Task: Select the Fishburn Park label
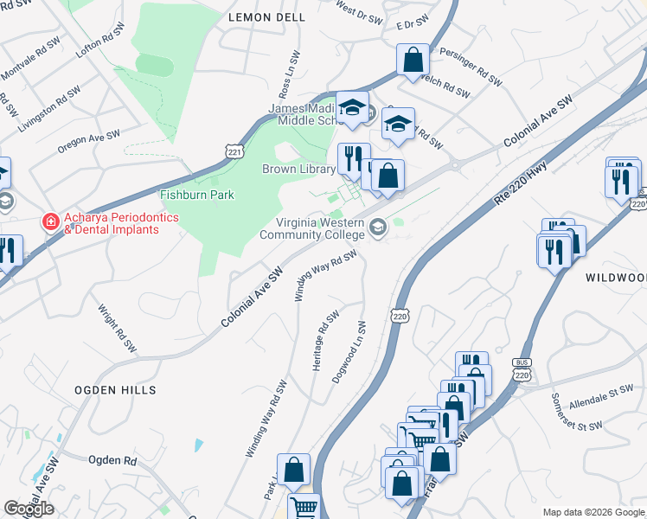coord(197,195)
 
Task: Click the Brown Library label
coord(298,170)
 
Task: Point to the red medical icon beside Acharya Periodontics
coord(51,223)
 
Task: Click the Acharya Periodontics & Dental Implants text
coord(112,223)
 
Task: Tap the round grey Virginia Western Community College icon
coord(377,227)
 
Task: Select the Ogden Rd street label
coord(113,460)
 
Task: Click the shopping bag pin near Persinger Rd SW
coord(413,60)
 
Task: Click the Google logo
coord(29,509)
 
